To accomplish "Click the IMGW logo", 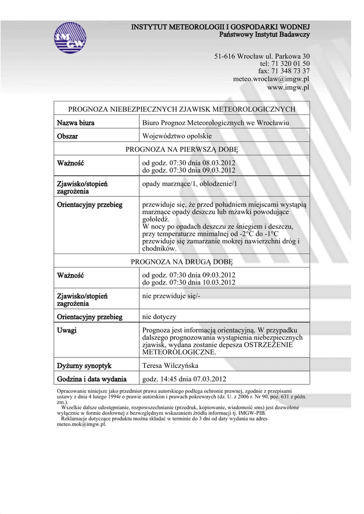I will (70, 38).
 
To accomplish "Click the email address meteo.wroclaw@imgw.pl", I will (271, 79).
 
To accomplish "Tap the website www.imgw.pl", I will (288, 87).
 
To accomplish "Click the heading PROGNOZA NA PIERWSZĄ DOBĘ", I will (181, 150).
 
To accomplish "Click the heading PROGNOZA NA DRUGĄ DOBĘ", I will (181, 262).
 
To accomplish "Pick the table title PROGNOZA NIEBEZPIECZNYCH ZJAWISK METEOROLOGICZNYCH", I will (181, 109).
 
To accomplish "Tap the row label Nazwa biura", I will (75, 123).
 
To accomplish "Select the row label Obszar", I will (67, 136).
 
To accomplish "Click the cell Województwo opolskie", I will (177, 136).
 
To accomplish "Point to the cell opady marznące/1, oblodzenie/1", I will (190, 184).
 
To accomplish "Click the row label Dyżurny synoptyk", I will (84, 366).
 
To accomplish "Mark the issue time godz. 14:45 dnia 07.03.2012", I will (185, 379).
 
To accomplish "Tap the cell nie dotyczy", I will (159, 317).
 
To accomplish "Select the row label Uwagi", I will (67, 330).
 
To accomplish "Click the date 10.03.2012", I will (219, 283).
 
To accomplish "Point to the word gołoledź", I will (156, 219).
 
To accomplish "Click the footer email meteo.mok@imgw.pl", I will (81, 424).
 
